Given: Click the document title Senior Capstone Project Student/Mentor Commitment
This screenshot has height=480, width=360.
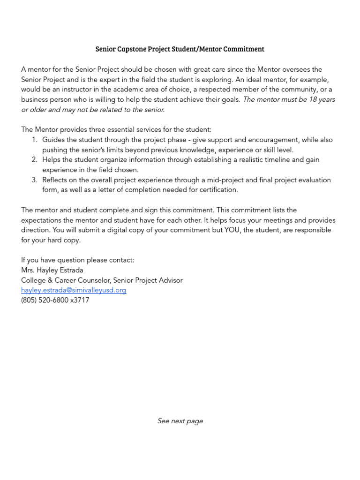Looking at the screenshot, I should click(x=180, y=49).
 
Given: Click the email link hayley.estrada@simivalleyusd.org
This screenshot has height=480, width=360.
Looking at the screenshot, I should click(x=74, y=290).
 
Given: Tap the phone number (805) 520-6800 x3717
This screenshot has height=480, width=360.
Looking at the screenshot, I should click(x=55, y=300).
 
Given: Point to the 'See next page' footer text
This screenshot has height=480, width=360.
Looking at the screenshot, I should click(x=180, y=421).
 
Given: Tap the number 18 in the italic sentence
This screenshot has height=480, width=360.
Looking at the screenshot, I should click(x=314, y=99).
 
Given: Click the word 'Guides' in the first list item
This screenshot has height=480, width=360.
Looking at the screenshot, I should click(x=53, y=140).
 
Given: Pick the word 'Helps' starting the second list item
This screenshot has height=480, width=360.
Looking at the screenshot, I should click(x=52, y=160).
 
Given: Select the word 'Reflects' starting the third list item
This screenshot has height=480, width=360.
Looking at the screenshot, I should click(x=56, y=180).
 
